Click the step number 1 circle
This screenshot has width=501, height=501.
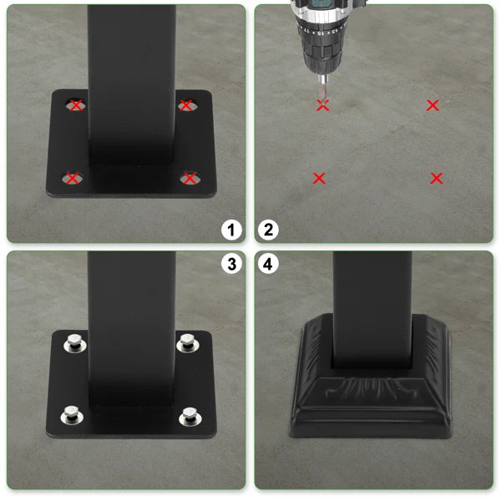[231, 230]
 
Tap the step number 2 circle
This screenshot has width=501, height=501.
[269, 230]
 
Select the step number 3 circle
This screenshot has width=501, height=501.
[231, 265]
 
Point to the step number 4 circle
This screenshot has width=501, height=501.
[269, 265]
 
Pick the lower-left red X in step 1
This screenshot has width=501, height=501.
[73, 178]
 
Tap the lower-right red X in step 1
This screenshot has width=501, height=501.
[190, 178]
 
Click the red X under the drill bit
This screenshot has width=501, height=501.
[323, 105]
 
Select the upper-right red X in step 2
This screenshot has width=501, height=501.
[433, 105]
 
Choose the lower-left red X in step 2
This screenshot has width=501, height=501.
[318, 178]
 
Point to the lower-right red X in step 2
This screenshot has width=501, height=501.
[436, 178]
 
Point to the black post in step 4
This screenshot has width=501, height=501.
[373, 301]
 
